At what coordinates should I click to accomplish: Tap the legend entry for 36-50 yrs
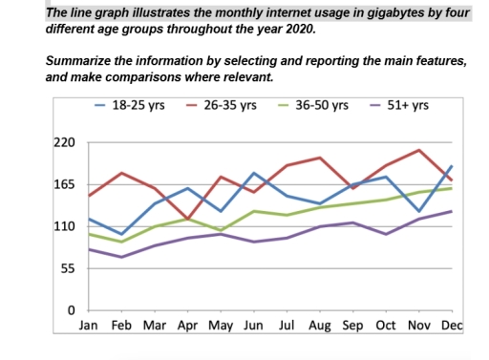pyautogui.click(x=320, y=104)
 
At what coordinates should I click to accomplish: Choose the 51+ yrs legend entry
pyautogui.click(x=405, y=104)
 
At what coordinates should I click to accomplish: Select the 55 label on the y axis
pyautogui.click(x=67, y=268)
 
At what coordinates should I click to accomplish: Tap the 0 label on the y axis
pyautogui.click(x=71, y=311)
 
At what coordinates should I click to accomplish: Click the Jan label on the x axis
pyautogui.click(x=88, y=327)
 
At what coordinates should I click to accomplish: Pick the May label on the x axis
pyautogui.click(x=221, y=327)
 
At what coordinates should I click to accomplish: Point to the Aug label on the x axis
pyautogui.click(x=320, y=327)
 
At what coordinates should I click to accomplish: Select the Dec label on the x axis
pyautogui.click(x=453, y=327)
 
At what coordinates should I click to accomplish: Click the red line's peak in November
pyautogui.click(x=419, y=150)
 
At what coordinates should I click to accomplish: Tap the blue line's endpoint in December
pyautogui.click(x=453, y=166)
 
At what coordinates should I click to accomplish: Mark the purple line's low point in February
pyautogui.click(x=121, y=257)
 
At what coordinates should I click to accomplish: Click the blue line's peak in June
pyautogui.click(x=254, y=173)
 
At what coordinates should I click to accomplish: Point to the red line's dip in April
pyautogui.click(x=187, y=219)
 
